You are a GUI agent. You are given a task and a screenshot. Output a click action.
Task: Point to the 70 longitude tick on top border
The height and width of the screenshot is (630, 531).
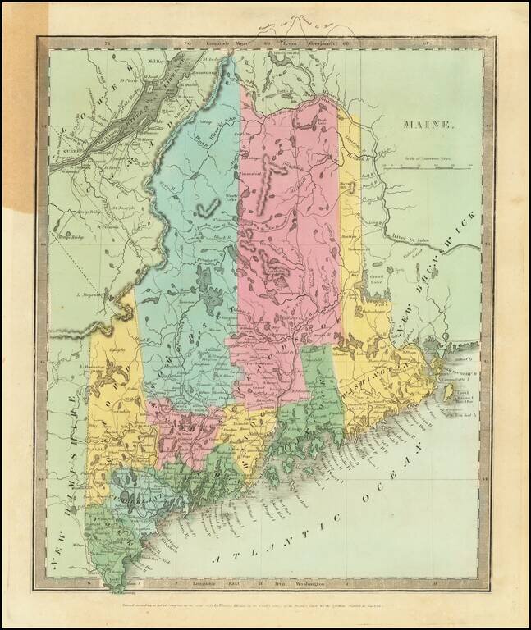coord(187,41)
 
